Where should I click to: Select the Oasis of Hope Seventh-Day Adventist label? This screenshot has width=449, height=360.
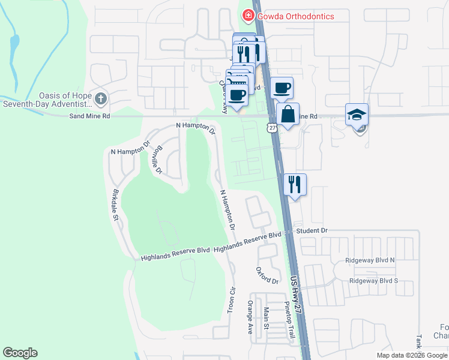(47, 100)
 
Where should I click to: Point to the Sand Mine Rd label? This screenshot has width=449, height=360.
(89, 116)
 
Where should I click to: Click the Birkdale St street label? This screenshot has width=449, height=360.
(115, 205)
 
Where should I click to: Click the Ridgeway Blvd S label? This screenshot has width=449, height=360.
(373, 280)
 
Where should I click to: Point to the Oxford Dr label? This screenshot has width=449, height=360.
(267, 276)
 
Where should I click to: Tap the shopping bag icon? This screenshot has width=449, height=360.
(288, 114)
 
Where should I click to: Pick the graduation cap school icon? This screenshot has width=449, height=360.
(357, 115)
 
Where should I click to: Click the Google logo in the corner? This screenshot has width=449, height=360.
(20, 353)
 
